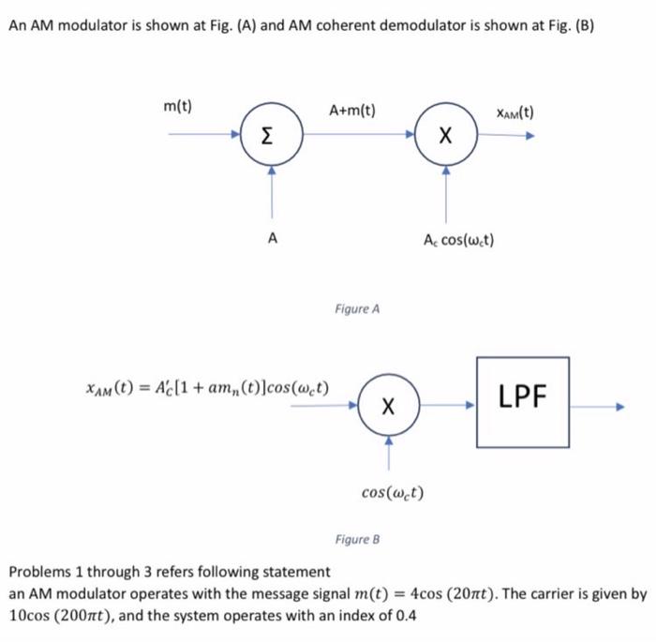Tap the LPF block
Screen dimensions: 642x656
coord(523,400)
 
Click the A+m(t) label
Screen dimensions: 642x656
coord(352,111)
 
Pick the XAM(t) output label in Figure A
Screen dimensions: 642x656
coord(514,113)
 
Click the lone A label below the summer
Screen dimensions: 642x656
coord(272,239)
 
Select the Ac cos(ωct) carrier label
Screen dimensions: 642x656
coord(459,239)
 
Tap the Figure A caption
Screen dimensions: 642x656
coord(356,307)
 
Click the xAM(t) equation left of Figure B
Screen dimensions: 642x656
coord(205,387)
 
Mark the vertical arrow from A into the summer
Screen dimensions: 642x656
coord(272,197)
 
